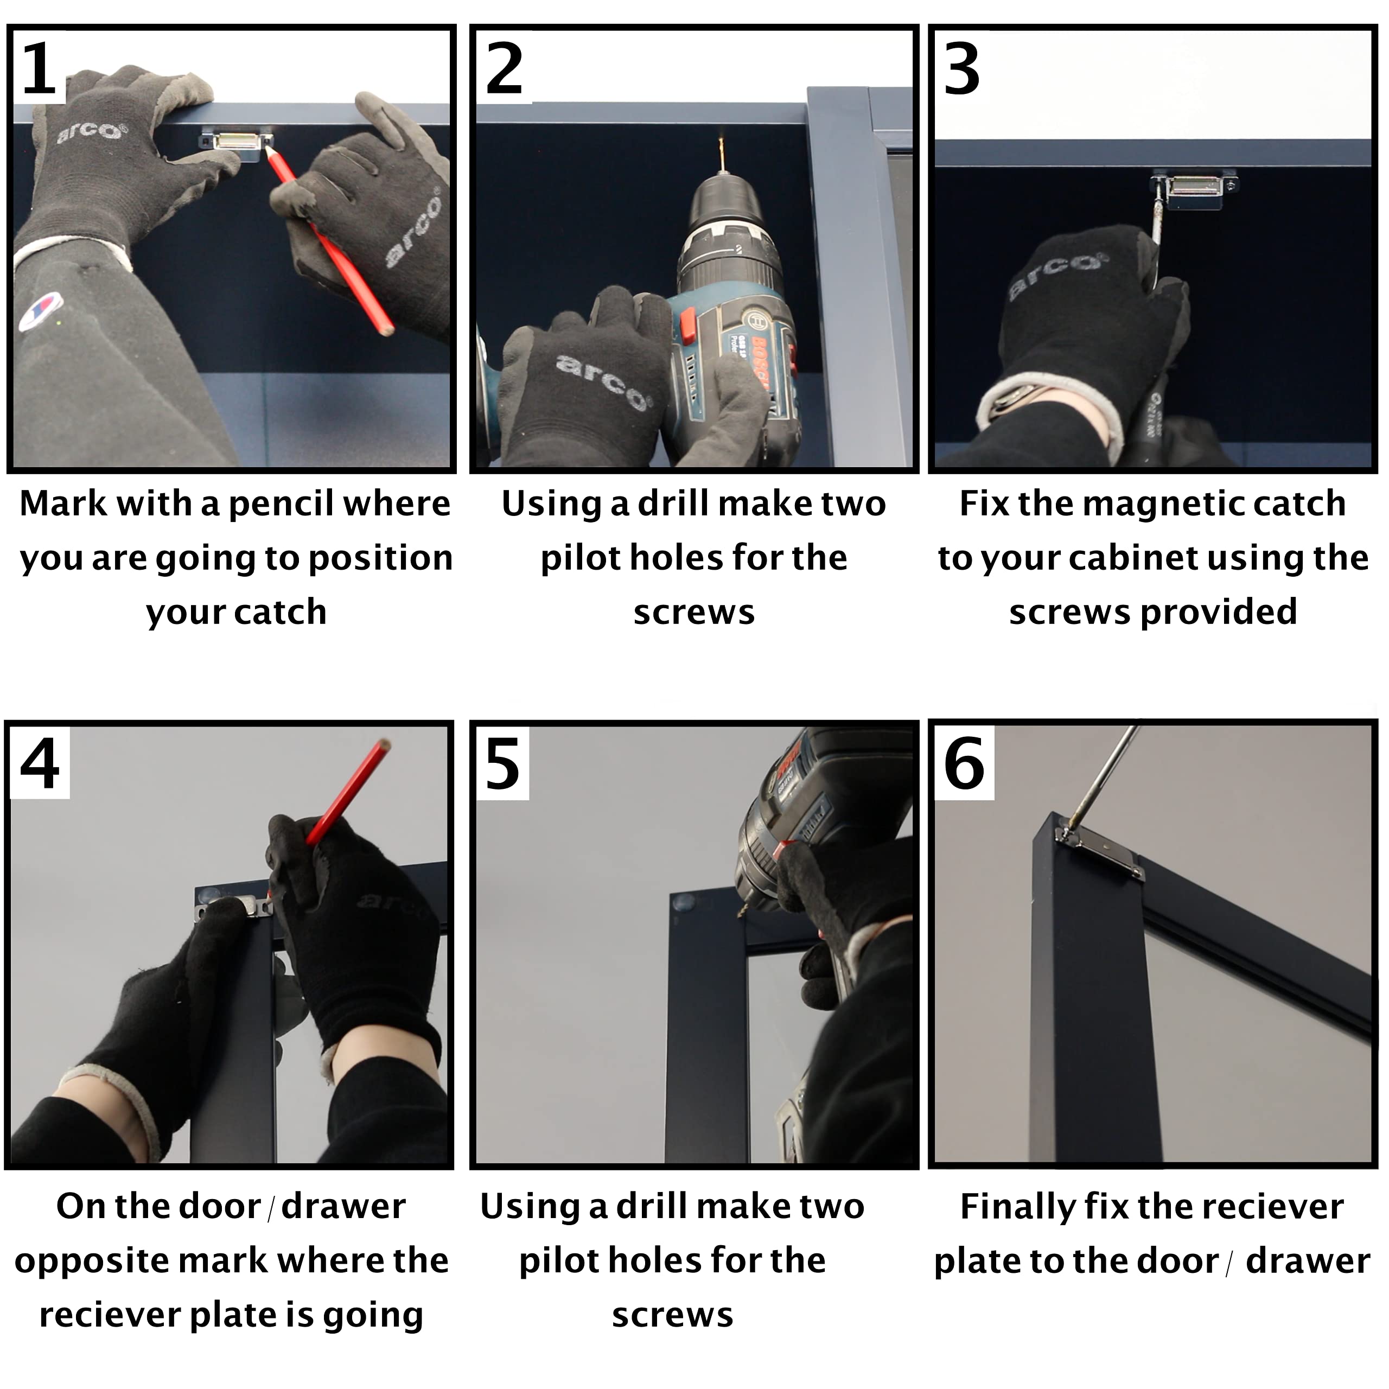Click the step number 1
(40, 68)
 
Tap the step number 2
(504, 68)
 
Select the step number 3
(961, 68)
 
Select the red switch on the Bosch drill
(686, 325)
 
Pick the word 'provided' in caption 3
(1219, 613)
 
